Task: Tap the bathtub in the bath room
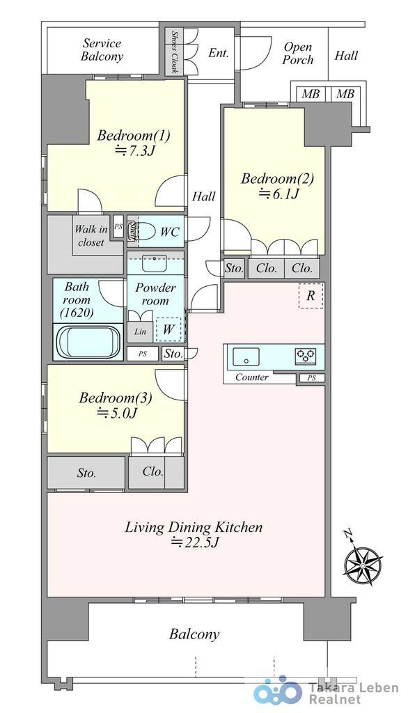(x=88, y=342)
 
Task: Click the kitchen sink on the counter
(x=246, y=356)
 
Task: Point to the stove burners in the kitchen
(x=306, y=356)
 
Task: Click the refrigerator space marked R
(x=311, y=295)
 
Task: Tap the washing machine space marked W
(x=168, y=329)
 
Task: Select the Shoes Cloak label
(x=175, y=52)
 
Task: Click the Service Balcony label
(x=102, y=50)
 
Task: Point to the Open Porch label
(x=298, y=53)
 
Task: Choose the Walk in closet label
(x=91, y=235)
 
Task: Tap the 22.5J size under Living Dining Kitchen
(x=196, y=542)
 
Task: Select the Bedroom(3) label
(x=116, y=398)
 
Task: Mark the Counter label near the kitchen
(x=251, y=377)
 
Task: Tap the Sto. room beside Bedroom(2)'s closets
(x=234, y=268)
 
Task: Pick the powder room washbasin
(x=155, y=263)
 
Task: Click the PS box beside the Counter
(x=312, y=378)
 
